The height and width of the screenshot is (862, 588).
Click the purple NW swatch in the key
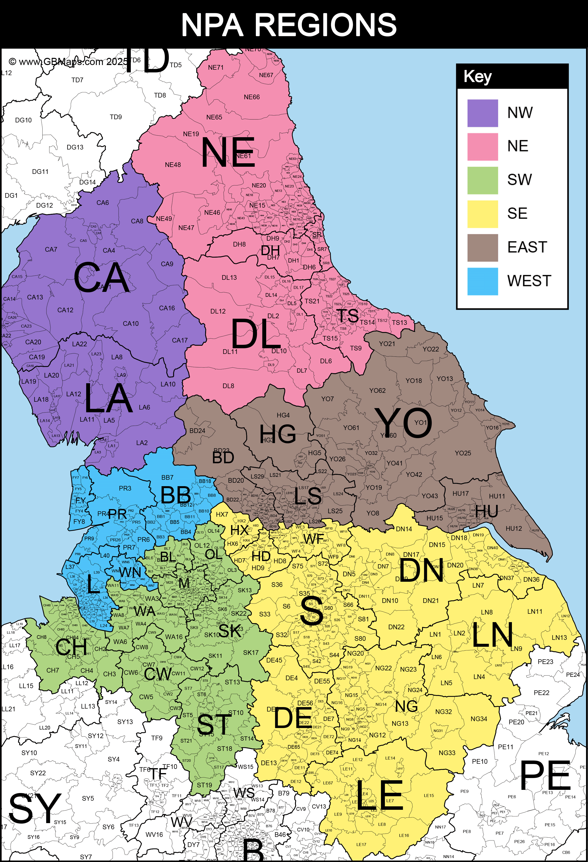point(482,113)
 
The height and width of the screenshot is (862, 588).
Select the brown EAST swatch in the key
point(482,248)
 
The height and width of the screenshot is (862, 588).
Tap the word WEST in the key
point(529,281)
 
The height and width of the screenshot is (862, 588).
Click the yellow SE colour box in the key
point(482,214)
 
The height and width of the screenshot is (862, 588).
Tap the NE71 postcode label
point(215,67)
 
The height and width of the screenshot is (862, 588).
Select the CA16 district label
point(167,308)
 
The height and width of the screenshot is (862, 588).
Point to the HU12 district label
point(513,528)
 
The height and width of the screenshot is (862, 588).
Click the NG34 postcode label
point(479,719)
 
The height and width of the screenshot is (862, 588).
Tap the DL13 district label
point(229,278)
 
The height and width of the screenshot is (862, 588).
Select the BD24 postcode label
point(197,431)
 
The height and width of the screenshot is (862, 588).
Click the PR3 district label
point(125,488)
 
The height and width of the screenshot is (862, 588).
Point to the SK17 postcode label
point(251,652)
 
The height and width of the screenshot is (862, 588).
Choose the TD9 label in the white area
point(116,117)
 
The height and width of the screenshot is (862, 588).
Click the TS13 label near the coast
point(399,323)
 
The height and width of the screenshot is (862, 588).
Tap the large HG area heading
point(278,434)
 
